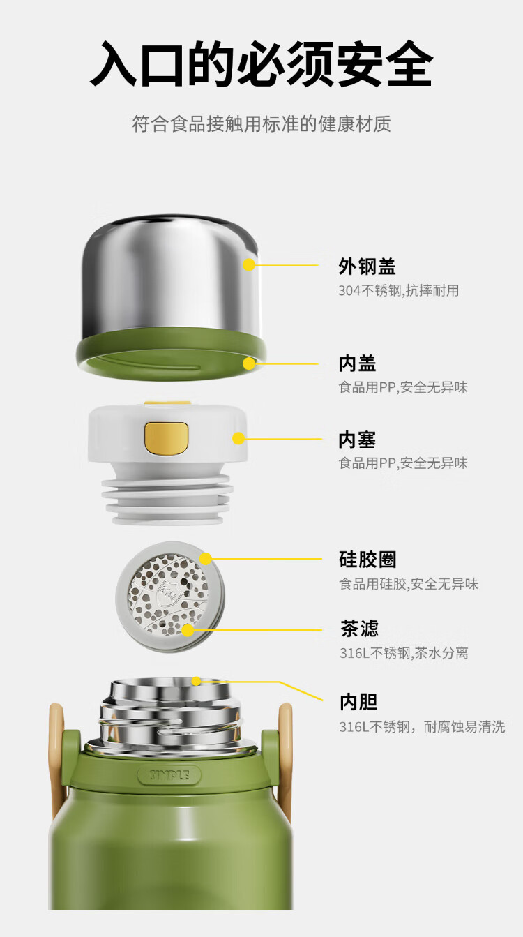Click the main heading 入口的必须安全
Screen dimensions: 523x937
(x=261, y=64)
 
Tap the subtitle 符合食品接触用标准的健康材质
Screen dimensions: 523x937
(x=261, y=123)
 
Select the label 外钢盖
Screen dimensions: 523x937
(x=367, y=267)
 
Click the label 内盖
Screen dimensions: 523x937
(x=358, y=363)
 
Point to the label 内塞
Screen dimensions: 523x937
(x=358, y=440)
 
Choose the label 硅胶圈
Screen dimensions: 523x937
(x=367, y=560)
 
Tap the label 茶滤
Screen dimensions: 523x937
(x=359, y=629)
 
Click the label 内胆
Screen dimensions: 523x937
(x=358, y=702)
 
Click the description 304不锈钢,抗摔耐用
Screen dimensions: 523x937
(x=398, y=290)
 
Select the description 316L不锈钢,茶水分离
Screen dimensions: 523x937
(x=404, y=653)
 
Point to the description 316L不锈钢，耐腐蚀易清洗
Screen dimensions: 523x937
(x=423, y=726)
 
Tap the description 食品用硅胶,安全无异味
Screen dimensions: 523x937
(x=409, y=583)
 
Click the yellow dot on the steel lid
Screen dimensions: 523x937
(x=249, y=264)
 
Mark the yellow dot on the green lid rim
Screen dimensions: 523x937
(x=249, y=363)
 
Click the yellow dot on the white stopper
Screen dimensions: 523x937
(x=238, y=438)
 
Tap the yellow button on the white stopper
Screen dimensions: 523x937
(x=167, y=438)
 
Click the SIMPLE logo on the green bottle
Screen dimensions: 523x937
(x=169, y=775)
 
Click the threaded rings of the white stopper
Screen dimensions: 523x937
(x=167, y=499)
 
